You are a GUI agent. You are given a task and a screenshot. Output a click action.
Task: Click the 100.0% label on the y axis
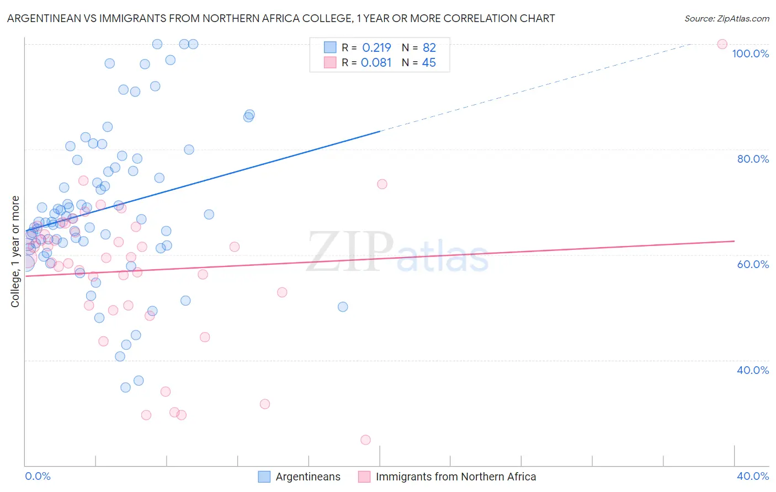pyautogui.click(x=750, y=54)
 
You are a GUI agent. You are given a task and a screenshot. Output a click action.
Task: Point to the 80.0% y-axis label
pyautogui.click(x=753, y=159)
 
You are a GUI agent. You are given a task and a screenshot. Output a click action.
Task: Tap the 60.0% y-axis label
pyautogui.click(x=753, y=264)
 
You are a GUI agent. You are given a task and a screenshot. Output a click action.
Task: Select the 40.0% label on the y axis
pyautogui.click(x=753, y=370)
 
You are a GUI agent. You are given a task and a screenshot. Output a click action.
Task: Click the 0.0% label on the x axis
pyautogui.click(x=38, y=476)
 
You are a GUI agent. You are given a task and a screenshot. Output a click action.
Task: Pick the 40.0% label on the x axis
pyautogui.click(x=753, y=476)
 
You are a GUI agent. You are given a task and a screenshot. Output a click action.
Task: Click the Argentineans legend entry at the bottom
pyautogui.click(x=308, y=477)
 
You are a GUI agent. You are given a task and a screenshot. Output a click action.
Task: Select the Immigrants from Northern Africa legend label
pyautogui.click(x=456, y=477)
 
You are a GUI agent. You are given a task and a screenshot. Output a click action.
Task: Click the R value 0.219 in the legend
pyautogui.click(x=376, y=48)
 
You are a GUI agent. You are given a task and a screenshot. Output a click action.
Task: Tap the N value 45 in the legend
pyautogui.click(x=429, y=63)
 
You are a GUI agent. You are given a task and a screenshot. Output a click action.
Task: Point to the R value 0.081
pyautogui.click(x=376, y=63)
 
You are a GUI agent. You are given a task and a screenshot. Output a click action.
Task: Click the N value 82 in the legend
pyautogui.click(x=429, y=48)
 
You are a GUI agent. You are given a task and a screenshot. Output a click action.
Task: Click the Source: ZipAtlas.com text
pyautogui.click(x=726, y=19)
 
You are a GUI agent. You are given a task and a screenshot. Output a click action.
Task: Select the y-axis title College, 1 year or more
pyautogui.click(x=15, y=252)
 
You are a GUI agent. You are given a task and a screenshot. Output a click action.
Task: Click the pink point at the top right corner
pyautogui.click(x=722, y=44)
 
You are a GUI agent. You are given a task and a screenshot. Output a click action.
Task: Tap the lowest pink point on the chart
pyautogui.click(x=365, y=440)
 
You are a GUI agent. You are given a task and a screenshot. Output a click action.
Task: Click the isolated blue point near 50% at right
pyautogui.click(x=343, y=307)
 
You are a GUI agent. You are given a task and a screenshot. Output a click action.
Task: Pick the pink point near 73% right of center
pyautogui.click(x=382, y=184)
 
